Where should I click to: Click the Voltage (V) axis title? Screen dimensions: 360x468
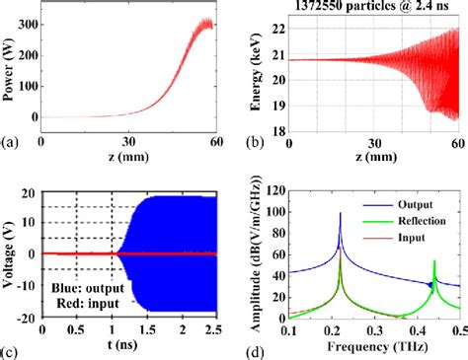[10, 252]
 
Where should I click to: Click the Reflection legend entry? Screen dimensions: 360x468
[433, 225]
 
